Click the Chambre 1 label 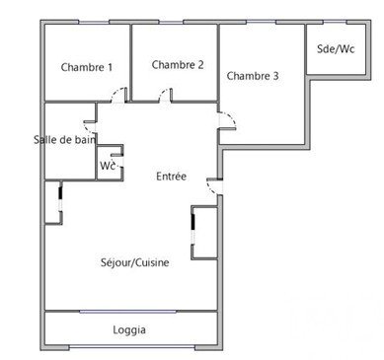tap(87, 67)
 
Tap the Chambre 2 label tap(178, 65)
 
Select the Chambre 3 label tap(253, 76)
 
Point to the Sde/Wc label tap(336, 49)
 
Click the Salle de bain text tap(65, 140)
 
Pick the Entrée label tap(171, 177)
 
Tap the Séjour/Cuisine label tap(135, 262)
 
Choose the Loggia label tap(129, 329)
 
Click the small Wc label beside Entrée tap(108, 166)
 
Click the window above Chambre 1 tap(94, 23)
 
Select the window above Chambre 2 tap(171, 23)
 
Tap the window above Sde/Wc tap(335, 22)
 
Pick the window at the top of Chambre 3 tap(261, 22)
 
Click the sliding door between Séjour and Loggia tap(128, 312)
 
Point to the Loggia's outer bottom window tap(132, 347)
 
